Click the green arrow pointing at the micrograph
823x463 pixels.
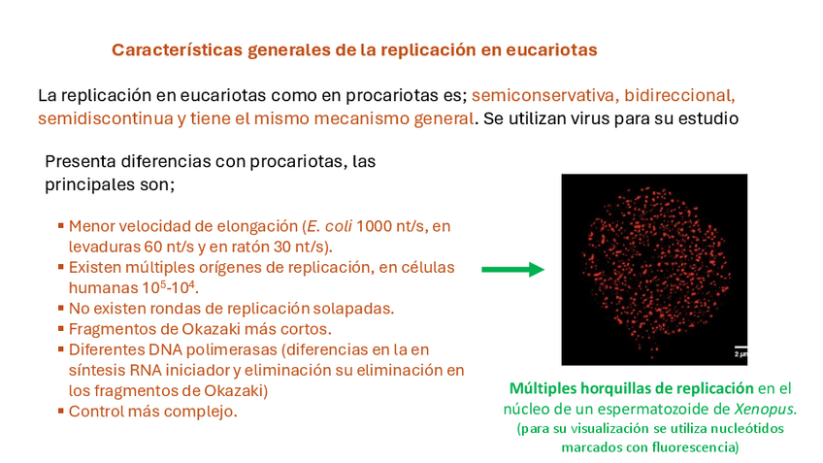point(512,271)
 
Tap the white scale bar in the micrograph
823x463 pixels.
point(741,346)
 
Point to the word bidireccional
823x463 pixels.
point(680,96)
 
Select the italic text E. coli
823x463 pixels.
point(327,226)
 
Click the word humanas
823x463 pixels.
point(103,288)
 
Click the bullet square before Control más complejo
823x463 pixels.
point(61,411)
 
